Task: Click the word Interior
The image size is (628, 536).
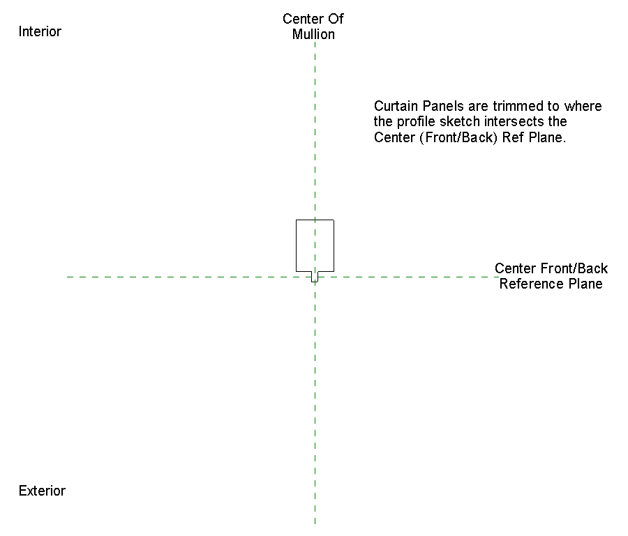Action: coord(40,31)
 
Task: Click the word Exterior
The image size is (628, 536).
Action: coord(42,491)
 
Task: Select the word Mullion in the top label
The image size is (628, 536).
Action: coord(313,34)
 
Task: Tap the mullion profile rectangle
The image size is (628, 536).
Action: coord(315,245)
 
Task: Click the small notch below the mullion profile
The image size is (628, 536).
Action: coord(315,276)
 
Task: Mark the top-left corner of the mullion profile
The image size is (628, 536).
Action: coord(297,220)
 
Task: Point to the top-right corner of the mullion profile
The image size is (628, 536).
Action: coord(334,220)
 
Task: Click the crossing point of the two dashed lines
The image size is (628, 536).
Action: coord(315,277)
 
